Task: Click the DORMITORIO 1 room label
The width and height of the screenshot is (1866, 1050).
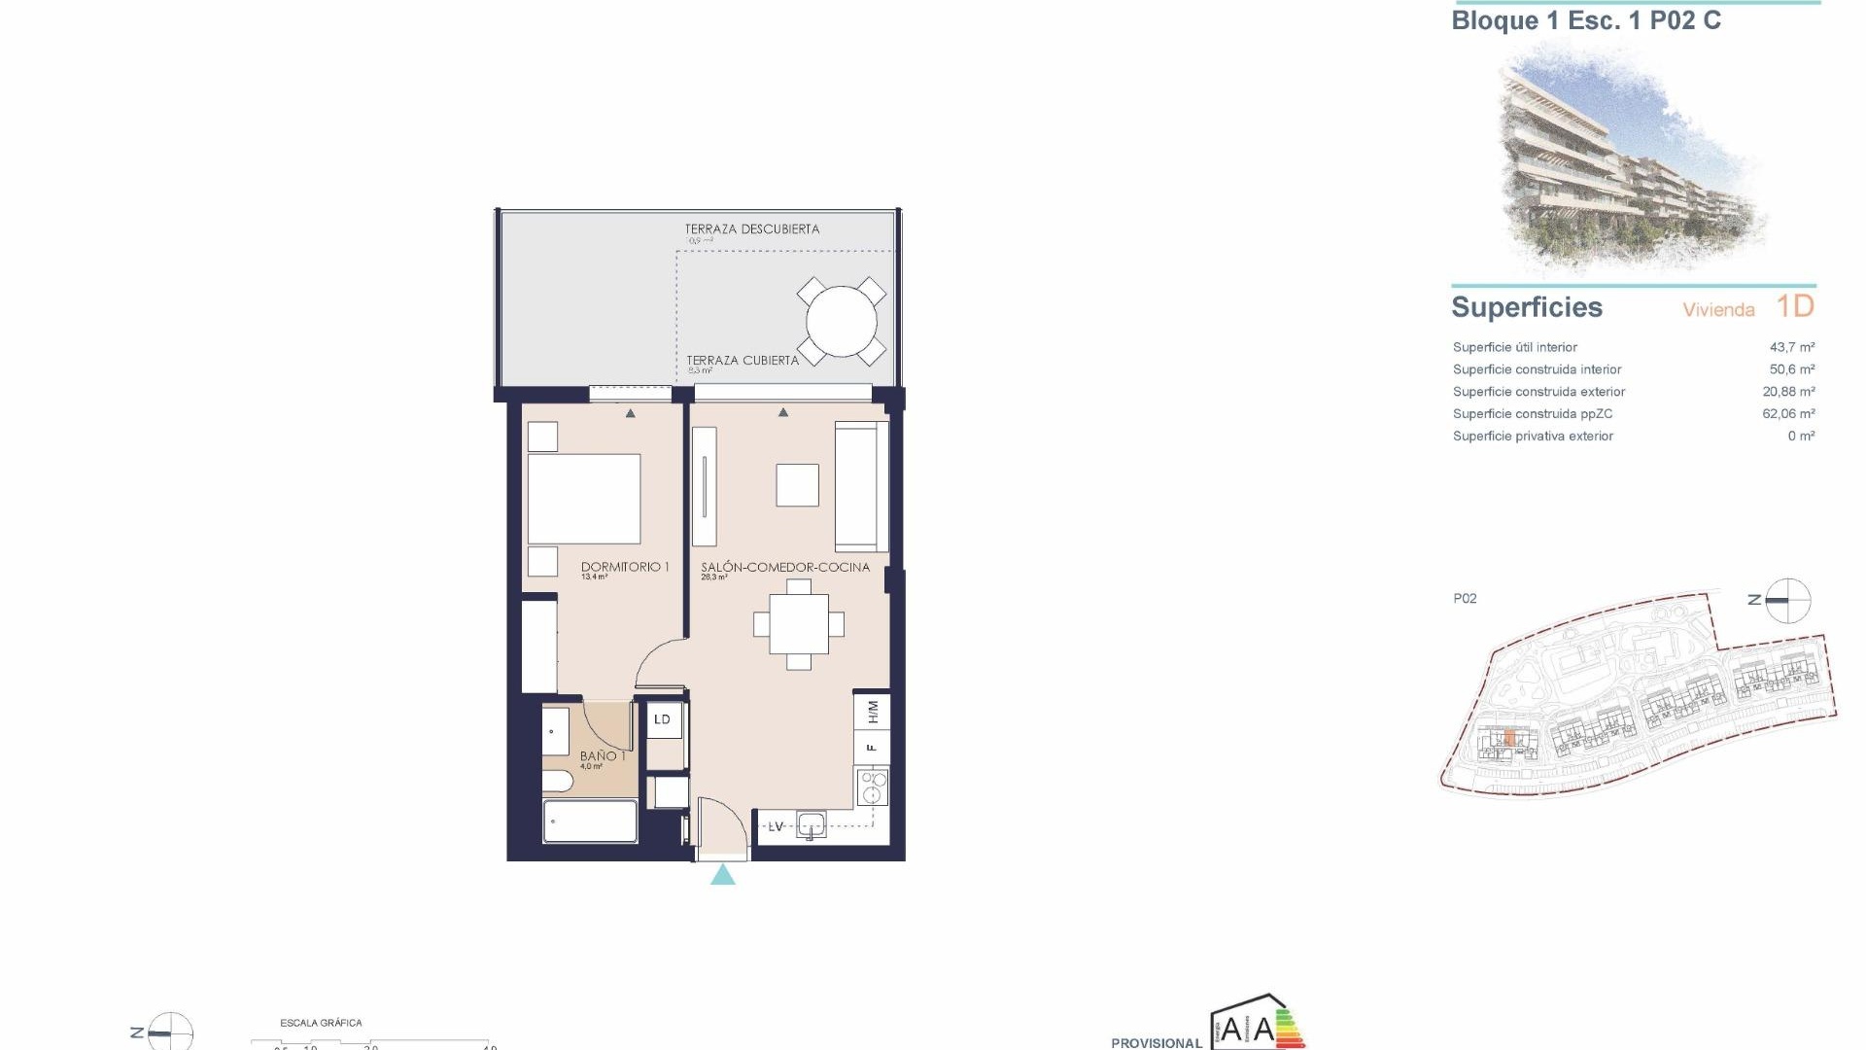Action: [x=625, y=567]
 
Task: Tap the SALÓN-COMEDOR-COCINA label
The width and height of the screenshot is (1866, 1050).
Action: [x=785, y=567]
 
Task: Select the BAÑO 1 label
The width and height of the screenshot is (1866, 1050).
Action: [x=603, y=755]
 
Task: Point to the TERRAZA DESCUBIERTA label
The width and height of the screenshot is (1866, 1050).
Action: [x=751, y=229]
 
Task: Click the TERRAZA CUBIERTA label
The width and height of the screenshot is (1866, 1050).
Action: [x=743, y=360]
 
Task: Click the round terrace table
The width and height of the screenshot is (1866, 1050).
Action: [x=841, y=321]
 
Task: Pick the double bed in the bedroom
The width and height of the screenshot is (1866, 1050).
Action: [x=584, y=499]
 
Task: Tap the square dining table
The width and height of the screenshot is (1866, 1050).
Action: [x=799, y=625]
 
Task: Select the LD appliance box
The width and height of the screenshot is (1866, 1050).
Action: [x=663, y=719]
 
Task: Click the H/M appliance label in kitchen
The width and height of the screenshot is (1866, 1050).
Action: [x=873, y=712]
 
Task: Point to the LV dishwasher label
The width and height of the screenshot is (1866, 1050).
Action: [x=777, y=826]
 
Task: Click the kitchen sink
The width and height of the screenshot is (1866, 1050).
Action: [x=811, y=825]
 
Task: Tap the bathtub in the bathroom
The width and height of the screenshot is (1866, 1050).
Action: [x=590, y=822]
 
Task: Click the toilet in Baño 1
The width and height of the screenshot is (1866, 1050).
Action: [x=558, y=782]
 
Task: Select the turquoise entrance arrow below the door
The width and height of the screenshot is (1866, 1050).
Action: [x=722, y=875]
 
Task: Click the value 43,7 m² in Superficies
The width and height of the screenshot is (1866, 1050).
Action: [x=1792, y=347]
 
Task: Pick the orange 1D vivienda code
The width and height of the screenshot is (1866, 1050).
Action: [x=1795, y=306]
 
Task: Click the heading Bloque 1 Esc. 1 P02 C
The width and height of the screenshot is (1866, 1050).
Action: [x=1585, y=21]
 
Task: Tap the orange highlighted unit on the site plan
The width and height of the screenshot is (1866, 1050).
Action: [x=1508, y=740]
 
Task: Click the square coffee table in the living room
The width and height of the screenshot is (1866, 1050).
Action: [x=797, y=485]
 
